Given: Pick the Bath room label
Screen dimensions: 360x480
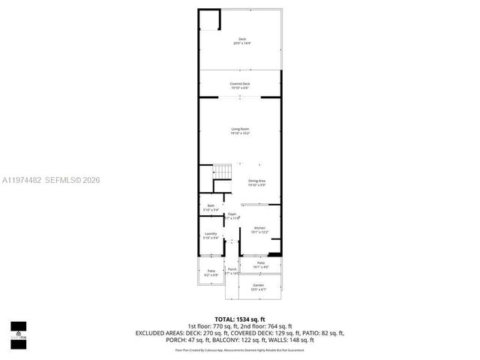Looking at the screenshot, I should (x=210, y=208).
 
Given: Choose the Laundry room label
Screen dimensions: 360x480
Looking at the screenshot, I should (x=211, y=235).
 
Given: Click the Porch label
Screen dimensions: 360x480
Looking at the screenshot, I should (x=232, y=271).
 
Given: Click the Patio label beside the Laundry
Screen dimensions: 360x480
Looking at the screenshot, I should (x=211, y=272).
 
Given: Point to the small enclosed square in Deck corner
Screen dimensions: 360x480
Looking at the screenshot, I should (x=209, y=19).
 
